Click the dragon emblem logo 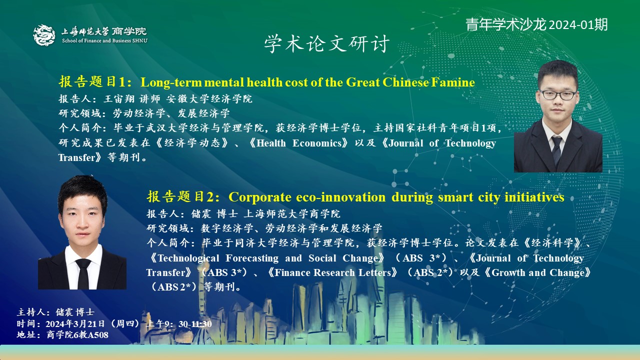point(44,35)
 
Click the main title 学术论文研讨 point(327,43)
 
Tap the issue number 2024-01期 point(578,24)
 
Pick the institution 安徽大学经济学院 point(209,99)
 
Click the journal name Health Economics point(299,143)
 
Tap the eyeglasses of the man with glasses point(558,95)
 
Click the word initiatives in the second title point(534,197)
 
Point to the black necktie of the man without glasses point(83,273)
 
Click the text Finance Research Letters point(332,272)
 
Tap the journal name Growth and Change point(538,272)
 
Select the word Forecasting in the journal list point(252,258)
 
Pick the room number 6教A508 point(91,335)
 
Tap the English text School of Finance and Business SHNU point(105,40)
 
